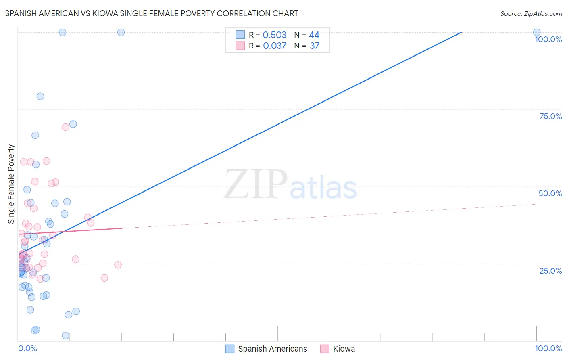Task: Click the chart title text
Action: click(152, 13)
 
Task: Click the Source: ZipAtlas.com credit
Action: click(531, 13)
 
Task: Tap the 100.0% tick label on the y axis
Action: click(548, 39)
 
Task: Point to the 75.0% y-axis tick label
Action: click(550, 116)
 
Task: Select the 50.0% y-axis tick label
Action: click(550, 193)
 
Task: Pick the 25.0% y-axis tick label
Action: click(550, 271)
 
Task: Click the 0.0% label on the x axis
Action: click(27, 348)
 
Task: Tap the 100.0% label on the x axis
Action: click(548, 348)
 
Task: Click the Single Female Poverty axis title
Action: click(11, 184)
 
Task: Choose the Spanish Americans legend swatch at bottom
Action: click(230, 349)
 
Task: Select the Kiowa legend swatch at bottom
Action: click(325, 349)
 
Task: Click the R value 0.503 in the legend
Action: click(275, 35)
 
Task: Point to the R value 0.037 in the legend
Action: click(275, 46)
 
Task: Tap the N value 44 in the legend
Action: click(314, 35)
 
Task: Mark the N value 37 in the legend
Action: click(315, 46)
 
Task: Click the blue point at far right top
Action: click(537, 32)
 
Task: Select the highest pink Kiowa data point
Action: click(65, 127)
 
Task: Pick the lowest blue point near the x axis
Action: click(65, 335)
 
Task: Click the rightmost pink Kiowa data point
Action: click(118, 265)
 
